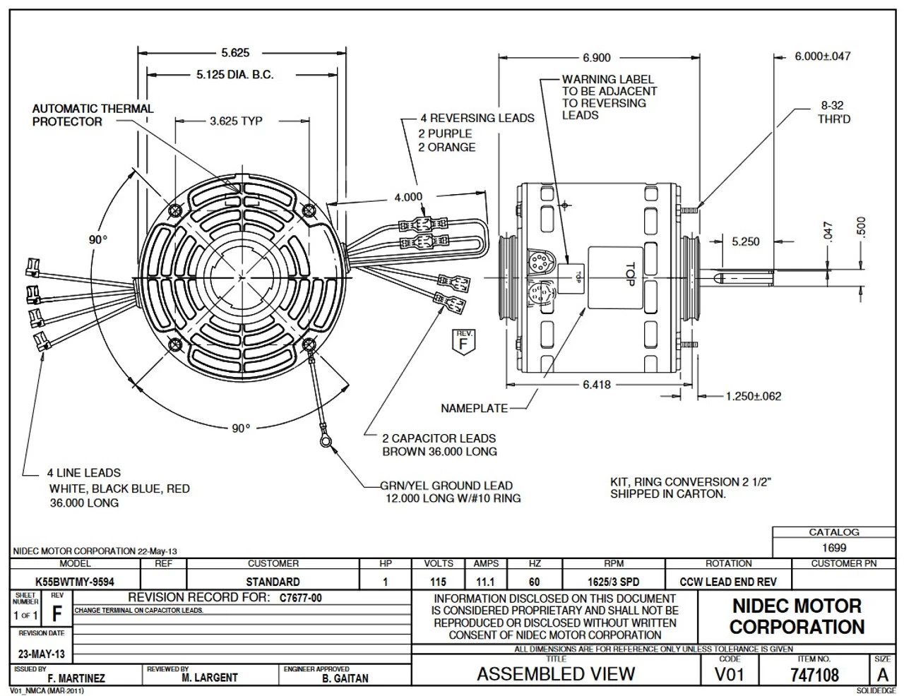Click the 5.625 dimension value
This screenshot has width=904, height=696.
235,52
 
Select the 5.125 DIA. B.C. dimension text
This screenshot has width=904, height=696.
234,74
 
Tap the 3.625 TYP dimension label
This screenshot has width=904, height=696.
235,121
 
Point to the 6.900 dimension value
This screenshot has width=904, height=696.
597,58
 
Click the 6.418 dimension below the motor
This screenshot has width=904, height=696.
597,385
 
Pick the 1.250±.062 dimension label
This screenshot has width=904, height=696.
754,396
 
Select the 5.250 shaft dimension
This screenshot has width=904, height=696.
746,241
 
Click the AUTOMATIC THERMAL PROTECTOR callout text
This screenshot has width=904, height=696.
93,115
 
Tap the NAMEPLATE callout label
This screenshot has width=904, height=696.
474,408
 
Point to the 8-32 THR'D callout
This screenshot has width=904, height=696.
833,112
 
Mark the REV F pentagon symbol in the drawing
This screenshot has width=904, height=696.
463,340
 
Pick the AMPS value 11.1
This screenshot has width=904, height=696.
486,582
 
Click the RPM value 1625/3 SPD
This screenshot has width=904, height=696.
614,582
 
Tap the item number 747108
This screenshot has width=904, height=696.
815,675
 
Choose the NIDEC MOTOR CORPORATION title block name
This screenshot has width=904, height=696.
797,616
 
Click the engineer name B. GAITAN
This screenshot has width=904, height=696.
345,678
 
